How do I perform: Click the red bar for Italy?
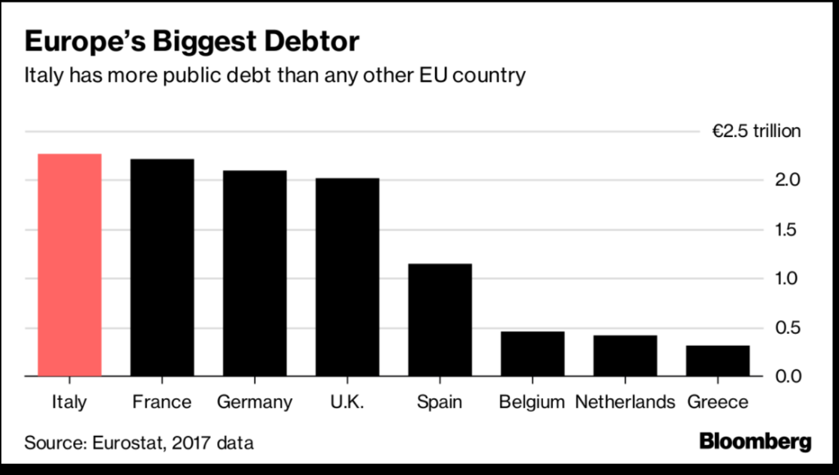point(70,265)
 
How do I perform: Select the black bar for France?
point(162,268)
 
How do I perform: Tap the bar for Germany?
point(254,273)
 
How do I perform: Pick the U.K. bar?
point(347,277)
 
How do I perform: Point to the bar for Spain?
point(440,320)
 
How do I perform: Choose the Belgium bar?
point(532,354)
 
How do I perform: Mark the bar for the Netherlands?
point(625,355)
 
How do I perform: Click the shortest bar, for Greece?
point(718,361)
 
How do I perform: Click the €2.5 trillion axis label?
point(756,131)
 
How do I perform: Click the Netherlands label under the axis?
point(625,402)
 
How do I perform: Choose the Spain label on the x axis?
point(440,402)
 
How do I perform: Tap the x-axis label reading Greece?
point(718,402)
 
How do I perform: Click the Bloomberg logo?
point(755,442)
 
